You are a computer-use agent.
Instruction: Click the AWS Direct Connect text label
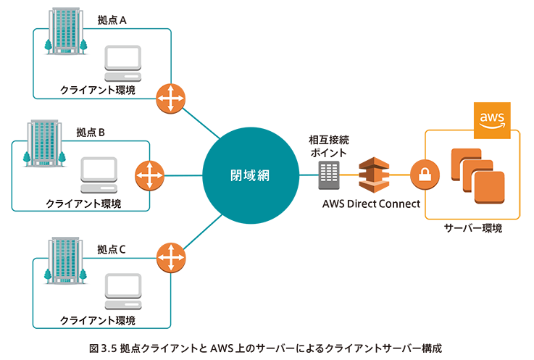tap(371, 204)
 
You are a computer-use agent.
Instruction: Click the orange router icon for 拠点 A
tap(172, 98)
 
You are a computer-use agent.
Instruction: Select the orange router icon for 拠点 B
tap(150, 175)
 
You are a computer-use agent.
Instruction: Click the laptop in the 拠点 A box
tap(122, 64)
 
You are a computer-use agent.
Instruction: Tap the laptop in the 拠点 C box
tap(122, 289)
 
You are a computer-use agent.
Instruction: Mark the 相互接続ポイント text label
tap(328, 146)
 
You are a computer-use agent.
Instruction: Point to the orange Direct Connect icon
tap(375, 175)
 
